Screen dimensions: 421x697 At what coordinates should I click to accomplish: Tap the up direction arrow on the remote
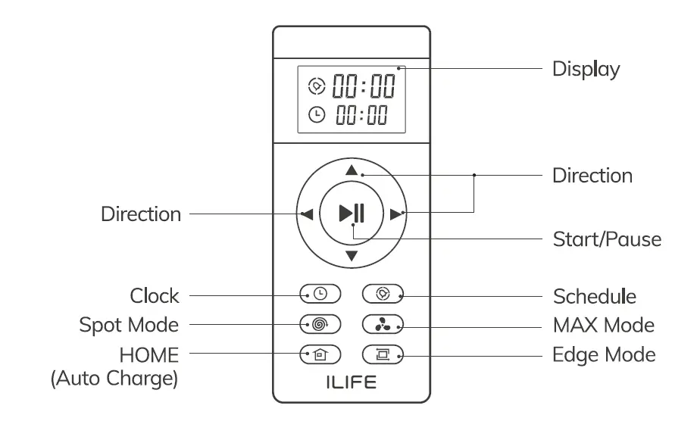pos(351,170)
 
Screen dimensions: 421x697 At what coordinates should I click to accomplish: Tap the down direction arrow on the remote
pos(351,257)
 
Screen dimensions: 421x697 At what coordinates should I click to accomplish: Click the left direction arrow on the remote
pos(307,214)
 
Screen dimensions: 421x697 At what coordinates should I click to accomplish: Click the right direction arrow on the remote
pos(395,214)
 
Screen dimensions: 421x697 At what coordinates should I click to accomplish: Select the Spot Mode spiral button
pos(320,324)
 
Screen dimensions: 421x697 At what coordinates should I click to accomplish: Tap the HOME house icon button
pos(320,353)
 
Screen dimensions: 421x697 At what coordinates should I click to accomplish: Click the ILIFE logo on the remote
pos(351,383)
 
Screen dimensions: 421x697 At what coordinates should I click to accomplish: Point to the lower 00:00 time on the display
pos(362,115)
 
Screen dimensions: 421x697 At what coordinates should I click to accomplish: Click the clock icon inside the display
pos(317,115)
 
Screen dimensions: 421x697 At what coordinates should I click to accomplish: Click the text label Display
pos(586,69)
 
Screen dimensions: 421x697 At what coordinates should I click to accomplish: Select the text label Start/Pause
pos(607,239)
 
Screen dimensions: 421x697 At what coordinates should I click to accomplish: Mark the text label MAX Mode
pos(603,325)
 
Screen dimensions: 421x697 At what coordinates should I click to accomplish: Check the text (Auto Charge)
pos(114,378)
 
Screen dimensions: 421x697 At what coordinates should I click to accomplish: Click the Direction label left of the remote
pos(141,214)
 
